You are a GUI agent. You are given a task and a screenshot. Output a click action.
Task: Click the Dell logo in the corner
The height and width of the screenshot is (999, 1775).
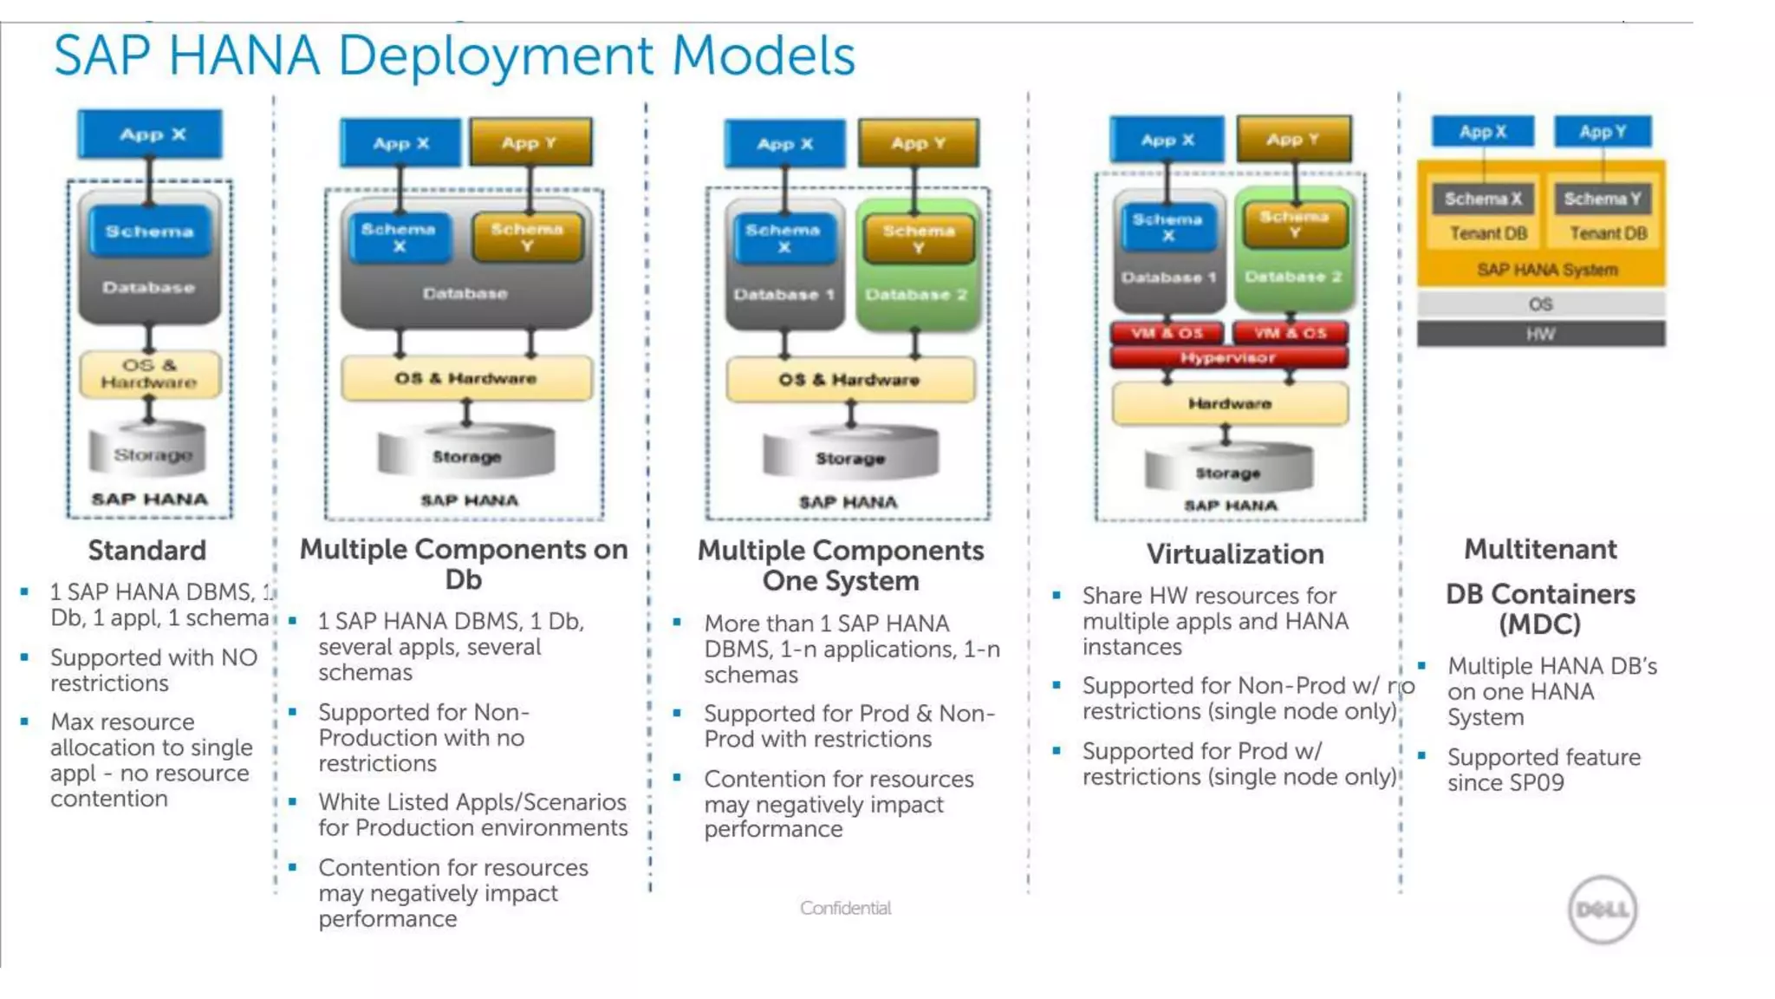[1602, 909]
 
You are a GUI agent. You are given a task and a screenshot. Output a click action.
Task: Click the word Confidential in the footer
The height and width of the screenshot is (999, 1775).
[845, 908]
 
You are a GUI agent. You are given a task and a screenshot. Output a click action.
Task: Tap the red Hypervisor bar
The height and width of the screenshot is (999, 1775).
[1228, 357]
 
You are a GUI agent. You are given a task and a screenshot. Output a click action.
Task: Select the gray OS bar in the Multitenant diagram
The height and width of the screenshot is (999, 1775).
[1540, 304]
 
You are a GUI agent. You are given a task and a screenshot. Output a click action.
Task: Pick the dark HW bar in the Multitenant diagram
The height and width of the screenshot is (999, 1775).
[1540, 334]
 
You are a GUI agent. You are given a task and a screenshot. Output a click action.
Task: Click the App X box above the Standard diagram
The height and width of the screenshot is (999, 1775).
[151, 134]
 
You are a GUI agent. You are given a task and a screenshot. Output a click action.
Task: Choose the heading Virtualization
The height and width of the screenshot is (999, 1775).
[1235, 554]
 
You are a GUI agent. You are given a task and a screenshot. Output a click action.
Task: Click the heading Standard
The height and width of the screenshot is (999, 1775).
[147, 551]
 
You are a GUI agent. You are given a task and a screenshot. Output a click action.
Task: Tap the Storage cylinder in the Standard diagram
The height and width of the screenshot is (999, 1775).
[149, 452]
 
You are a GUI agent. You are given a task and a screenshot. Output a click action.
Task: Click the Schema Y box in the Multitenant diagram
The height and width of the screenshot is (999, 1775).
[1602, 199]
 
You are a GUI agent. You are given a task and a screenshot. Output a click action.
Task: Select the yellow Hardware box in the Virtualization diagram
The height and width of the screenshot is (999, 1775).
[1229, 403]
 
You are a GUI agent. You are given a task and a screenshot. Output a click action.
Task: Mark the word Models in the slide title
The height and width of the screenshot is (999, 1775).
[764, 56]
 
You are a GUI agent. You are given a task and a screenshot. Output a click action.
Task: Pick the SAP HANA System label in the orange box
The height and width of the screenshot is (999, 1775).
[1547, 270]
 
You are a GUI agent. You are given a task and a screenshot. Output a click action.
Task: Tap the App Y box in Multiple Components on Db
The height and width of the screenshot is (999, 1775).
[530, 143]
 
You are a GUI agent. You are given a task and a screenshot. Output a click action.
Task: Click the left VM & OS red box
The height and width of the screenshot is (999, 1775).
[1167, 333]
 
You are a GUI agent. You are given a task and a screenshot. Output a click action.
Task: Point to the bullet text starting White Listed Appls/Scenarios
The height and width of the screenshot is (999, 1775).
[471, 814]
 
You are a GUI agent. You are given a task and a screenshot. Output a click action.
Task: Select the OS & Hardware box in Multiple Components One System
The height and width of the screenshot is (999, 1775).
[849, 380]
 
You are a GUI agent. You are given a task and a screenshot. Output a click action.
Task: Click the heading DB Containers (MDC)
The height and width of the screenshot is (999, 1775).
[1540, 609]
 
